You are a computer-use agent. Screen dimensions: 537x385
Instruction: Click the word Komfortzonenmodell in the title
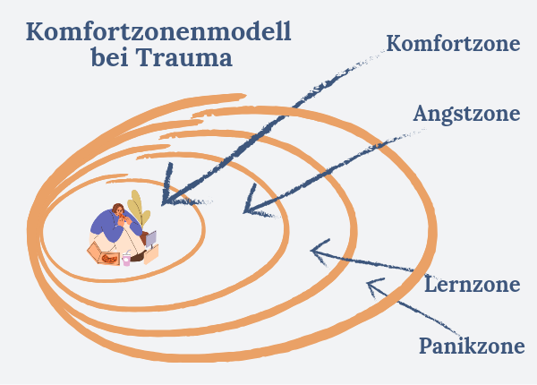coord(158,31)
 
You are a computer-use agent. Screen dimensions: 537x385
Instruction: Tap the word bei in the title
coord(109,57)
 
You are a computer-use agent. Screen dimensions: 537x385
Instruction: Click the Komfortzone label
coord(453,44)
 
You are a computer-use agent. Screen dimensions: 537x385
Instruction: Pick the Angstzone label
coord(466,114)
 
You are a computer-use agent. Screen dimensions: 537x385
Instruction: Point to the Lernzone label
coord(473,285)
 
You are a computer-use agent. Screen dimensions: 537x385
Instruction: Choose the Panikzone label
coord(472,346)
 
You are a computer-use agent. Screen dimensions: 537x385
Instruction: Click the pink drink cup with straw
coord(126,259)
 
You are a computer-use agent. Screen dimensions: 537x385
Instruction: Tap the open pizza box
coord(103,253)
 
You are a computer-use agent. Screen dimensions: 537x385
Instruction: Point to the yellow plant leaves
coord(138,208)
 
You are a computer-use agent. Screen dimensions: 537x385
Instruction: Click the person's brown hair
coord(117,208)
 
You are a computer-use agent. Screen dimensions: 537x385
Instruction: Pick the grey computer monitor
coord(151,239)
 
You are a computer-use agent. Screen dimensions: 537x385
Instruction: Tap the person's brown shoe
coord(138,256)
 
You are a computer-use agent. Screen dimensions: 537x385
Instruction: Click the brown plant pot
coord(144,237)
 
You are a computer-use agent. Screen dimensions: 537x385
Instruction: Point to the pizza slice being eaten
coord(122,216)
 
